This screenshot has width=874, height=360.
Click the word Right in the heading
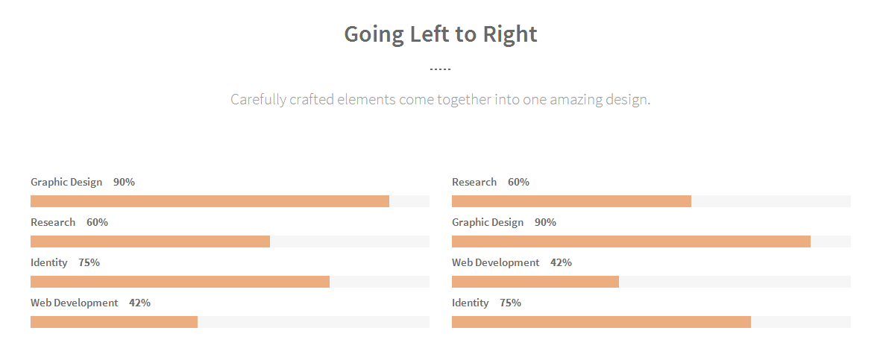click(x=509, y=34)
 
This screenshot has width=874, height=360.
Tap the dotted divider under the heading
click(x=440, y=69)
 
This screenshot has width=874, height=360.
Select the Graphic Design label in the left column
click(x=66, y=182)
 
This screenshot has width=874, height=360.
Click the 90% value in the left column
click(x=124, y=182)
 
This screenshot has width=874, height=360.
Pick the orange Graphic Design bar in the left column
click(x=210, y=201)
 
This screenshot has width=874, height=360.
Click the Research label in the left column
click(x=53, y=222)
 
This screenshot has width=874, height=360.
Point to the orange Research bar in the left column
click(x=150, y=241)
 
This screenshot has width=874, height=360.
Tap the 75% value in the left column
click(x=89, y=262)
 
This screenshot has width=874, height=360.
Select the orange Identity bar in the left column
click(x=180, y=282)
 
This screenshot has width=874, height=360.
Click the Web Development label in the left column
click(x=74, y=303)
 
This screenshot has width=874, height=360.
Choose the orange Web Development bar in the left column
click(x=114, y=322)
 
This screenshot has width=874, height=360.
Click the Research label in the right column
click(x=474, y=182)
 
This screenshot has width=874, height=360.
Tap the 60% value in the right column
click(x=518, y=182)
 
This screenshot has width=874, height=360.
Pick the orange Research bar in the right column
click(x=571, y=201)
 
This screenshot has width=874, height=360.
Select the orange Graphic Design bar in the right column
click(x=631, y=241)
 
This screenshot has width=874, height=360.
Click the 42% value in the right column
click(x=561, y=262)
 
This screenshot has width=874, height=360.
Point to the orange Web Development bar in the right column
click(x=535, y=282)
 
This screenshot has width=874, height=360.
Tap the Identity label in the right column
click(x=471, y=303)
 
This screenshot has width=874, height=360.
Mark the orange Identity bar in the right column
click(x=601, y=322)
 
